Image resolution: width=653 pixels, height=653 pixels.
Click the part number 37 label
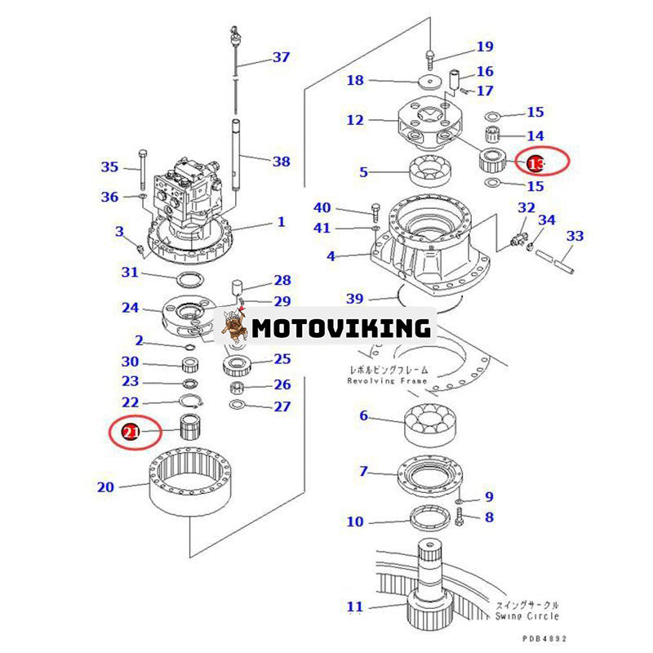(x=281, y=57)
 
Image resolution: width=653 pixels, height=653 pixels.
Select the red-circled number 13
(x=535, y=164)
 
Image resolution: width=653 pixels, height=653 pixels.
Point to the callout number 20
(x=105, y=487)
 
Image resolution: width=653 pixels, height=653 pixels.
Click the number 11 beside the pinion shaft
(x=354, y=606)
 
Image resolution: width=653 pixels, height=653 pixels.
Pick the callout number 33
(x=575, y=236)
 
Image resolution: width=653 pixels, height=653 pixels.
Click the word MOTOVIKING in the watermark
(x=341, y=328)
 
